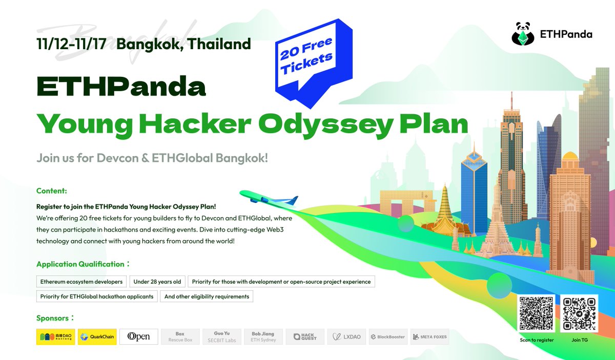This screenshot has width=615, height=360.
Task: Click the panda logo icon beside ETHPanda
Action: point(523,34)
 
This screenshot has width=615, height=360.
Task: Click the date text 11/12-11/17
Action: point(71,44)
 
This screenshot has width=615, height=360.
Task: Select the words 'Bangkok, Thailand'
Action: point(183,44)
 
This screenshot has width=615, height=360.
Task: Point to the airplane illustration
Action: point(270,198)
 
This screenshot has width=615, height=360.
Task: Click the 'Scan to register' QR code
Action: point(536,314)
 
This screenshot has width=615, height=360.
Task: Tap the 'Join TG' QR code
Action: point(579,314)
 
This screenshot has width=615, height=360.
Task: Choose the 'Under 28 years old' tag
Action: point(157,282)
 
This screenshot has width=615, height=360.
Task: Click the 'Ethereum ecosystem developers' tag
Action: point(81,282)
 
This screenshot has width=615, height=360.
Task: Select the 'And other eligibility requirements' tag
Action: point(207,297)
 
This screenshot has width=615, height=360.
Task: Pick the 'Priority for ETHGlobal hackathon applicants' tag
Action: point(97,297)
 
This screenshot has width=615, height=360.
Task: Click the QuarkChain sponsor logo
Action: point(97,336)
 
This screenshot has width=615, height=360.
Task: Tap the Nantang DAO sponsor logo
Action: point(56,336)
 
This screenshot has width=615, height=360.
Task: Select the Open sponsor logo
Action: point(139,336)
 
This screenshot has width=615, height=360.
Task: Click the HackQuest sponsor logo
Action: point(305,336)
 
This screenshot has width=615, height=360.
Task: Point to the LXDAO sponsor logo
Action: point(347,336)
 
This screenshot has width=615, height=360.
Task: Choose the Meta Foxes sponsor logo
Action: point(429,336)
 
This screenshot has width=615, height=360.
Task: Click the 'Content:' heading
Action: point(52,191)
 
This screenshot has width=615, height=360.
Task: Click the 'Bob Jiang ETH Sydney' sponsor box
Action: point(263,336)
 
